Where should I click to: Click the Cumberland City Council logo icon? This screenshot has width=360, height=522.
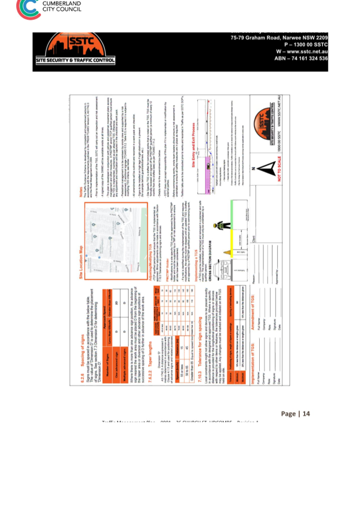click(x=28, y=8)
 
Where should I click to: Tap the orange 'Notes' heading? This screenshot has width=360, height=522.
click(x=81, y=193)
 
